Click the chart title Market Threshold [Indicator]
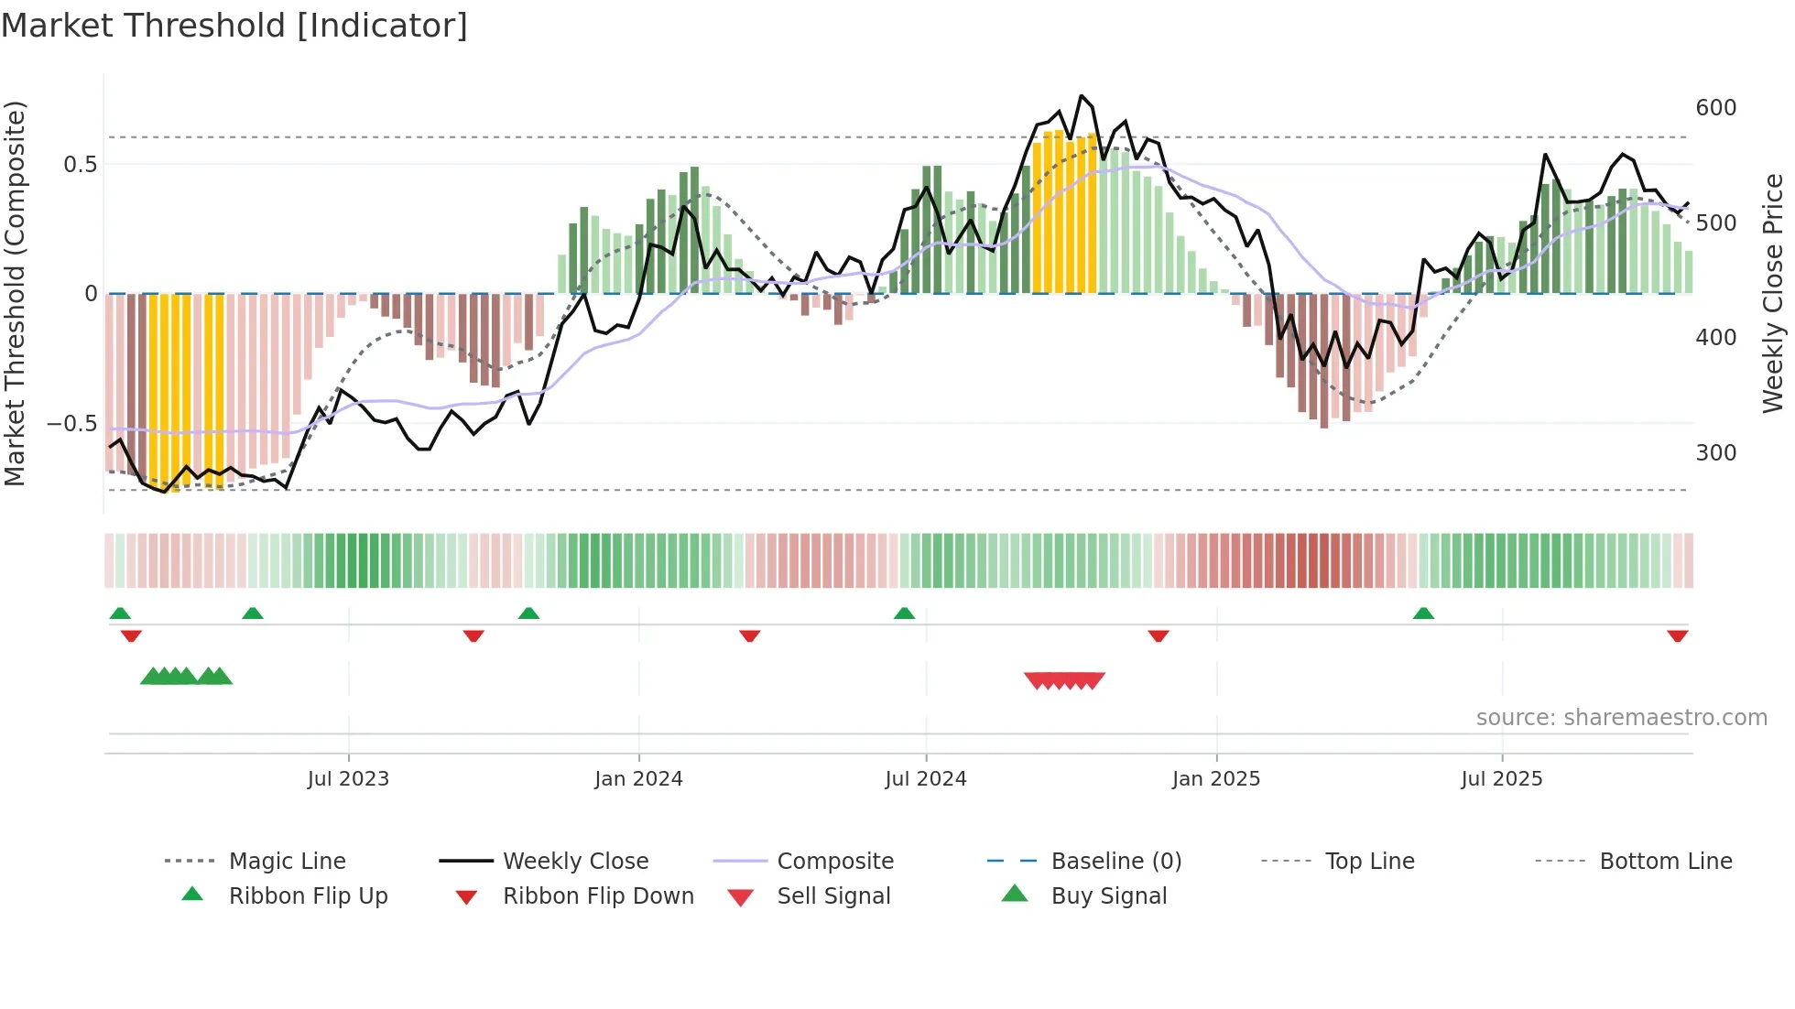point(234,26)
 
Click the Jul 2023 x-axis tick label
point(348,779)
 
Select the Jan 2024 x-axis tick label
point(638,779)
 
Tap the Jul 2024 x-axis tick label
point(925,779)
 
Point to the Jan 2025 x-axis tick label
point(1215,779)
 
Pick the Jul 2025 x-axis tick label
point(1501,779)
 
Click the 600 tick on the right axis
point(1715,108)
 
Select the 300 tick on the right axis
point(1715,453)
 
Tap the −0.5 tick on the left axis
point(71,424)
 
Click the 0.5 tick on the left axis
point(80,165)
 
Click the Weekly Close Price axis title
point(1773,293)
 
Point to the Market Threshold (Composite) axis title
point(15,293)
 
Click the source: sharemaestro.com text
point(1621,718)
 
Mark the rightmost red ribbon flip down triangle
point(1677,635)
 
